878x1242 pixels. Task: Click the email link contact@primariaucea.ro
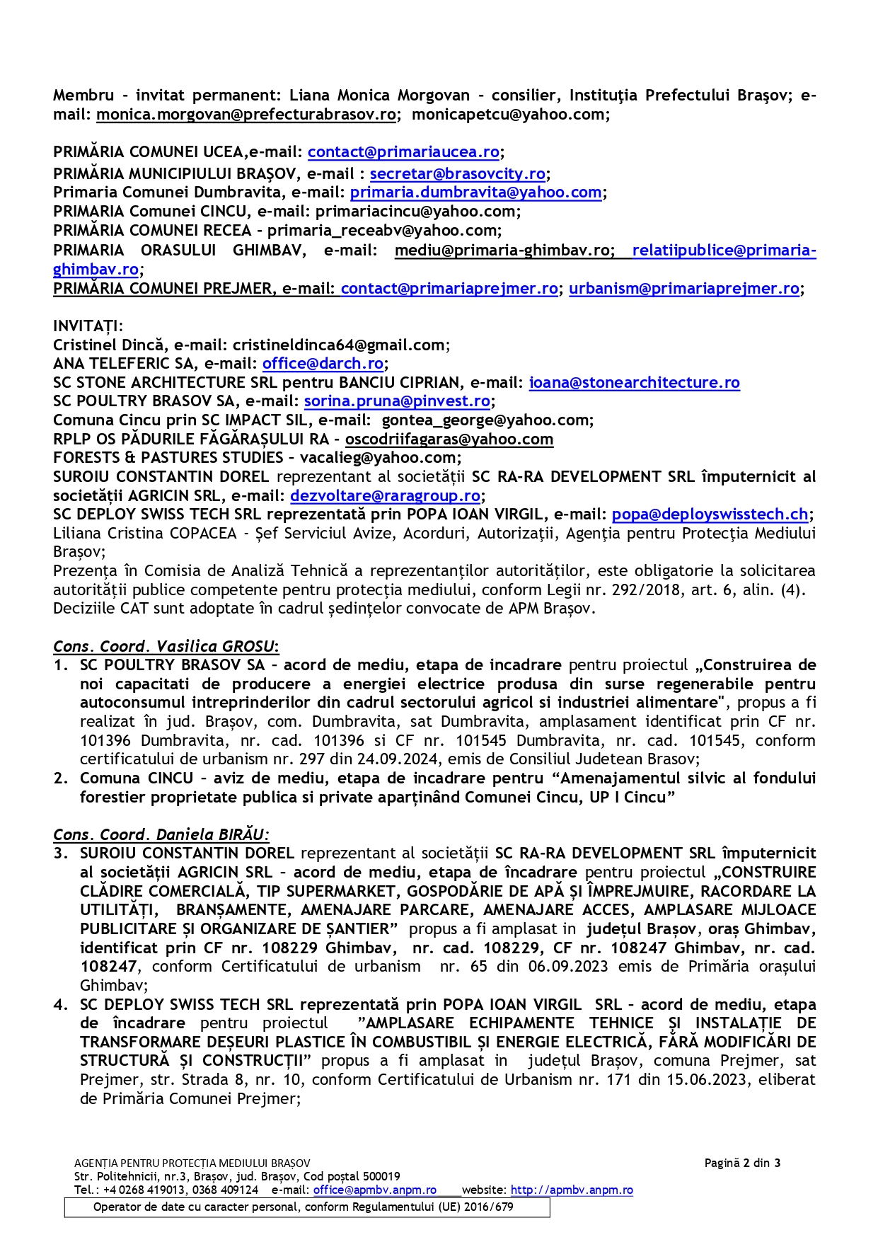click(403, 152)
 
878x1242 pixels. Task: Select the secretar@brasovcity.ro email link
click(457, 174)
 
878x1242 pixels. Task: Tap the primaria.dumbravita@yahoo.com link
click(475, 192)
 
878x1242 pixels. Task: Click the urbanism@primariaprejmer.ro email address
click(683, 289)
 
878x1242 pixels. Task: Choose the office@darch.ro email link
click(323, 364)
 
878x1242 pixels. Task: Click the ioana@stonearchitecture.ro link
click(634, 383)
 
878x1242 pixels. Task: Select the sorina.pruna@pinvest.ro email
click(397, 401)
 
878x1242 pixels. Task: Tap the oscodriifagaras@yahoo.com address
click(449, 439)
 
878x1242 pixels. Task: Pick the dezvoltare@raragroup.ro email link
click(385, 496)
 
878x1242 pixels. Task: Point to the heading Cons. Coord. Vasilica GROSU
click(165, 647)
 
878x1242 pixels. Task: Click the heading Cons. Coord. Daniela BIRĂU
click(161, 835)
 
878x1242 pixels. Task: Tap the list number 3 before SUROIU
click(60, 853)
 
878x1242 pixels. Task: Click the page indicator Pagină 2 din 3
click(742, 1163)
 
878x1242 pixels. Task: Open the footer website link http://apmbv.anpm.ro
click(571, 1190)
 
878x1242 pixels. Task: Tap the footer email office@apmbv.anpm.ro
click(374, 1190)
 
